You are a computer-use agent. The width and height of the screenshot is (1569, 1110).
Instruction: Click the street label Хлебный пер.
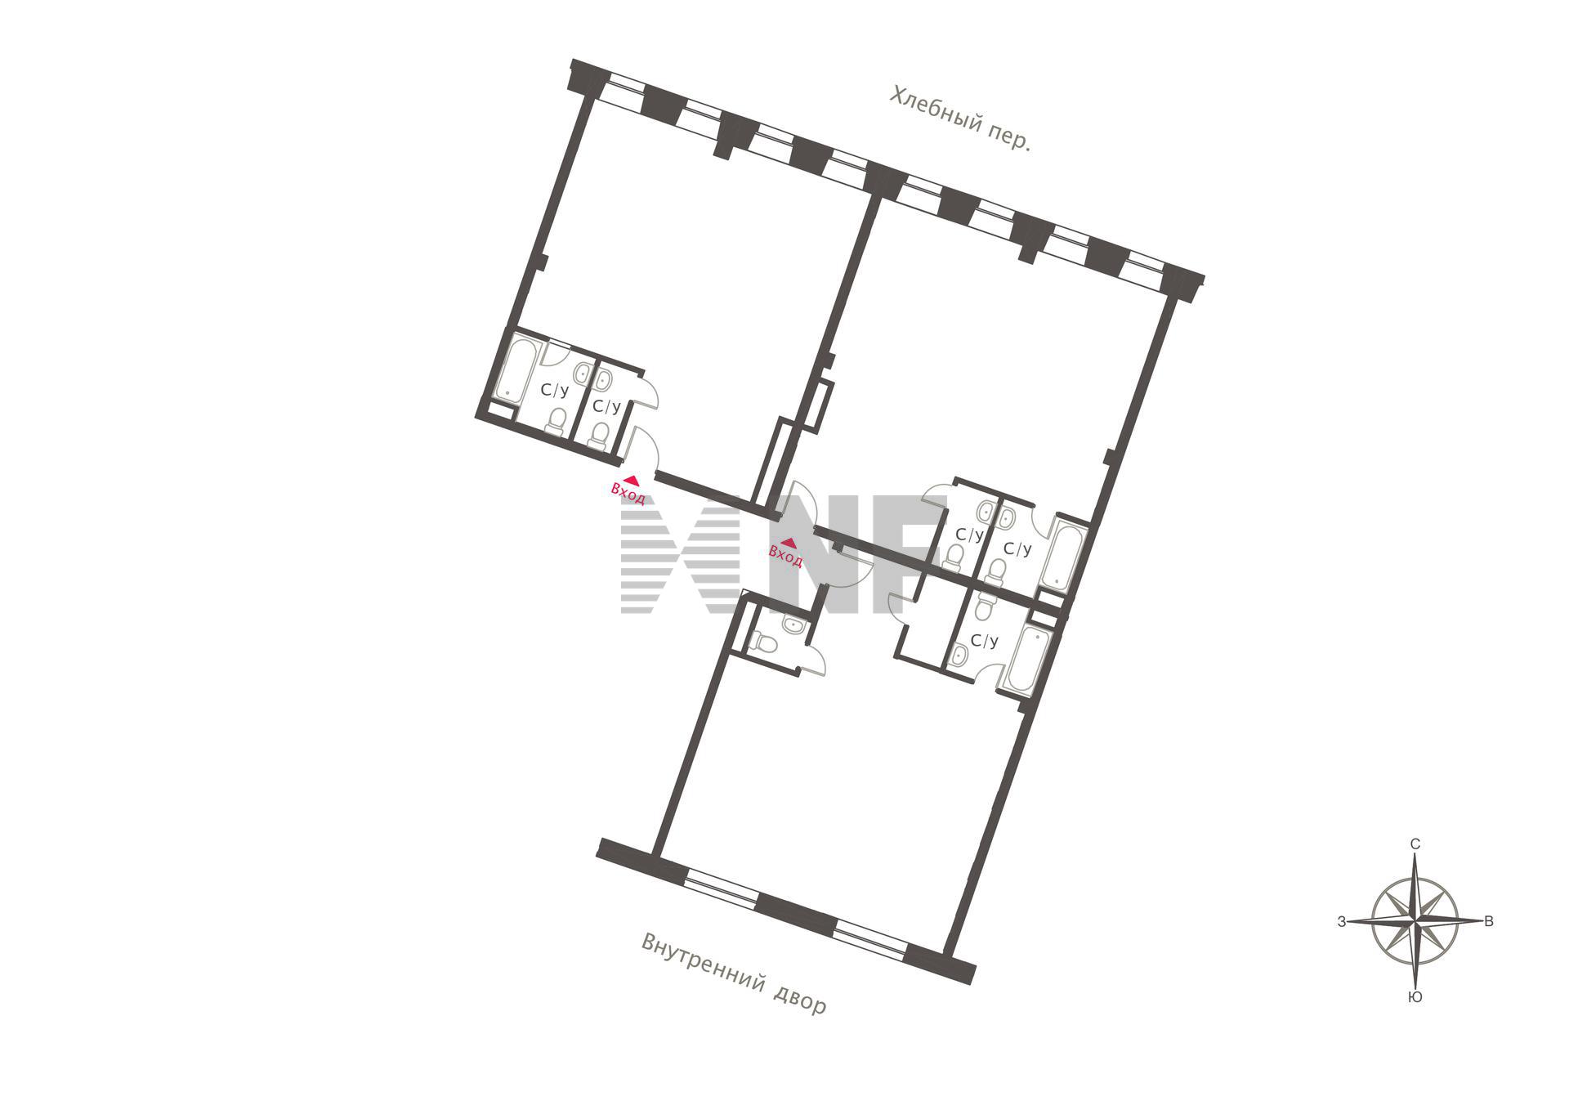point(960,119)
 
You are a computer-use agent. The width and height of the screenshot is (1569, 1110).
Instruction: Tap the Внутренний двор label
point(734,973)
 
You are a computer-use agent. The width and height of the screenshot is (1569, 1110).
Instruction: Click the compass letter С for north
point(1415,844)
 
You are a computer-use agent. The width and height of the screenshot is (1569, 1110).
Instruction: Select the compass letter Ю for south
point(1415,997)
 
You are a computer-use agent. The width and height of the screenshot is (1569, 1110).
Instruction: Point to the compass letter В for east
point(1489,921)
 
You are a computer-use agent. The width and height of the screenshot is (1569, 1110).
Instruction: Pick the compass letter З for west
point(1342,921)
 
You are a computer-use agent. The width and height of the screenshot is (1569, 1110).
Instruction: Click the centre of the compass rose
point(1415,921)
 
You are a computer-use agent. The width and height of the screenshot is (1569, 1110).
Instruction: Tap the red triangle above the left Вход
point(630,481)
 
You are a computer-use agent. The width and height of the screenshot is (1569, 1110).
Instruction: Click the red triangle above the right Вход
point(789,542)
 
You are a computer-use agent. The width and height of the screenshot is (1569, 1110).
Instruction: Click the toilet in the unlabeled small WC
point(766,642)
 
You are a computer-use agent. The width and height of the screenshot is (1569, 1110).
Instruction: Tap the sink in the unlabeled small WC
point(793,625)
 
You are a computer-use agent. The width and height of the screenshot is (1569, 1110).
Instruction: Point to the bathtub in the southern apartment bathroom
point(1025,659)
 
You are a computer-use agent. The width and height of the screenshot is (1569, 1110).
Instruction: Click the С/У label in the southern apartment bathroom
point(985,641)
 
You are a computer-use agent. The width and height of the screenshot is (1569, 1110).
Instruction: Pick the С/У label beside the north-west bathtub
point(555,391)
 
